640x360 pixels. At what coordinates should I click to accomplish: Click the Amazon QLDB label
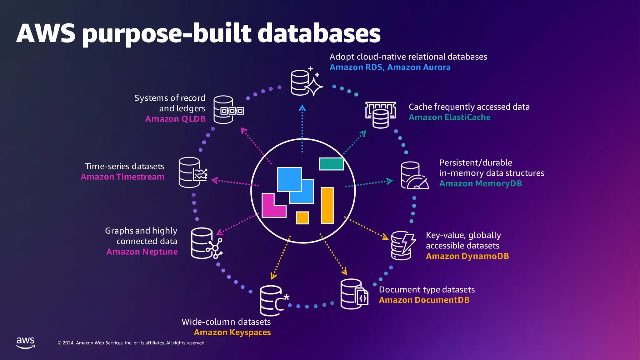[x=175, y=119]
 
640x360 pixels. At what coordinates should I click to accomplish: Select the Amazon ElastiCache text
[x=449, y=117]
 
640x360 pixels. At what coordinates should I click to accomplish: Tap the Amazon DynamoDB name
[x=467, y=256]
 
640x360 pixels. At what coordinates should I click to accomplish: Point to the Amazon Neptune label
[x=142, y=252]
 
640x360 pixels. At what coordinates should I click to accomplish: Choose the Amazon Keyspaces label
[x=232, y=332]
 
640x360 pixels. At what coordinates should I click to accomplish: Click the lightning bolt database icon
[x=403, y=246]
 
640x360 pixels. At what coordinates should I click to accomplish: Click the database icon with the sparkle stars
[x=306, y=82]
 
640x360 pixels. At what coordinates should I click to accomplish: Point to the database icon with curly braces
[x=354, y=294]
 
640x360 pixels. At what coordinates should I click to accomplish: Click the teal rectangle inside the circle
[x=331, y=164]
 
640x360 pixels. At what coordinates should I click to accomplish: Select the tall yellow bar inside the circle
[x=327, y=205]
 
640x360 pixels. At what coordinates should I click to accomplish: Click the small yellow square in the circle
[x=302, y=218]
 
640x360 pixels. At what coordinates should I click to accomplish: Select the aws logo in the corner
[x=26, y=342]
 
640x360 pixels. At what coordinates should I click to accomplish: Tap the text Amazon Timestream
[x=122, y=177]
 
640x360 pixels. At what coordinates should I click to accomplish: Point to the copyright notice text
[x=131, y=343]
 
